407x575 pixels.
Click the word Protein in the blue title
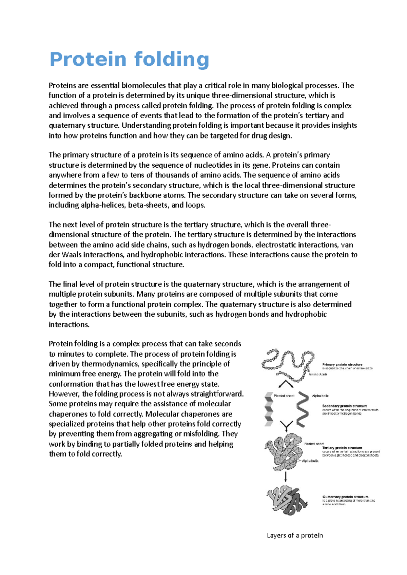click(x=88, y=60)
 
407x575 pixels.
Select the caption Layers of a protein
click(x=295, y=535)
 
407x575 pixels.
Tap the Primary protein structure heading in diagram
click(x=342, y=365)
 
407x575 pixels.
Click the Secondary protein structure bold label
click(x=344, y=406)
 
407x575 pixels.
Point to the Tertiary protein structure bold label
click(x=342, y=448)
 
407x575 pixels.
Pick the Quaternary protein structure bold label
click(x=345, y=497)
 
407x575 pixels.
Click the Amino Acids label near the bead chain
click(x=318, y=374)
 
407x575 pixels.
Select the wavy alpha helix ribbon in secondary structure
click(x=303, y=410)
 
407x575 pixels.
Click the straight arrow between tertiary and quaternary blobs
click(x=286, y=477)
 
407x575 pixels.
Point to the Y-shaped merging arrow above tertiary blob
click(x=286, y=426)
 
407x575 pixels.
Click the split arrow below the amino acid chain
click(x=286, y=384)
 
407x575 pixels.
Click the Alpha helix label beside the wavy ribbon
click(x=320, y=396)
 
